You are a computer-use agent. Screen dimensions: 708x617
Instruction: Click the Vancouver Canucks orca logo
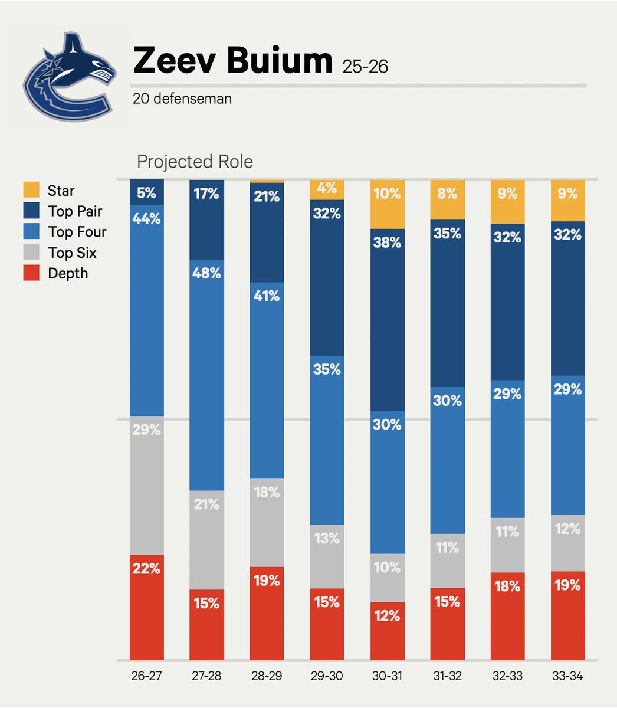coord(67,79)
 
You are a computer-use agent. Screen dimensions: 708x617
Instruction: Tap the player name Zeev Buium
coord(232,61)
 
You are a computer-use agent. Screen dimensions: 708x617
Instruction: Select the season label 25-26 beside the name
coord(365,66)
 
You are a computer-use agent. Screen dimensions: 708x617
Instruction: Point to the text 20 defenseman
coord(182,99)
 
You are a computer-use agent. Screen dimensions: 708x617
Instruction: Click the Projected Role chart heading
coord(195,162)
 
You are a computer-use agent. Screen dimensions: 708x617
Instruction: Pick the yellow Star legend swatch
coord(31,191)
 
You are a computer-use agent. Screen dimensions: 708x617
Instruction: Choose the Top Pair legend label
coord(75,211)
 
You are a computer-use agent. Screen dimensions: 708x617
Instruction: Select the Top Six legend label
coord(72,253)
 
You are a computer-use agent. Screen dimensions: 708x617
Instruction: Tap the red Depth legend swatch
coord(31,273)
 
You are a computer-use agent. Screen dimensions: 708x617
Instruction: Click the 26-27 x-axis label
coord(146,676)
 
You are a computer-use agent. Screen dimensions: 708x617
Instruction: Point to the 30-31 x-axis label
coord(387,676)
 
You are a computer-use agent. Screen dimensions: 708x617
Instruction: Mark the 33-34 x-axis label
coord(567,676)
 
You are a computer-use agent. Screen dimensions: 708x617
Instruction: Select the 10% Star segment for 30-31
coord(388,204)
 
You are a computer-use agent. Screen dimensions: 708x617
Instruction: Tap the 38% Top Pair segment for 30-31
coord(388,319)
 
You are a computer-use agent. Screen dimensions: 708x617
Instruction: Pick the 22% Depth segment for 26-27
coord(147,607)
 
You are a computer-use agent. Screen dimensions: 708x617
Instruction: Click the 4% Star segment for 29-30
coord(327,189)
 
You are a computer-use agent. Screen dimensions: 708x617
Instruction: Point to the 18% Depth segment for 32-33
coord(508,615)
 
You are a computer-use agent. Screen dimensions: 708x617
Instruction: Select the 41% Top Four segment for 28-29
coord(267,380)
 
